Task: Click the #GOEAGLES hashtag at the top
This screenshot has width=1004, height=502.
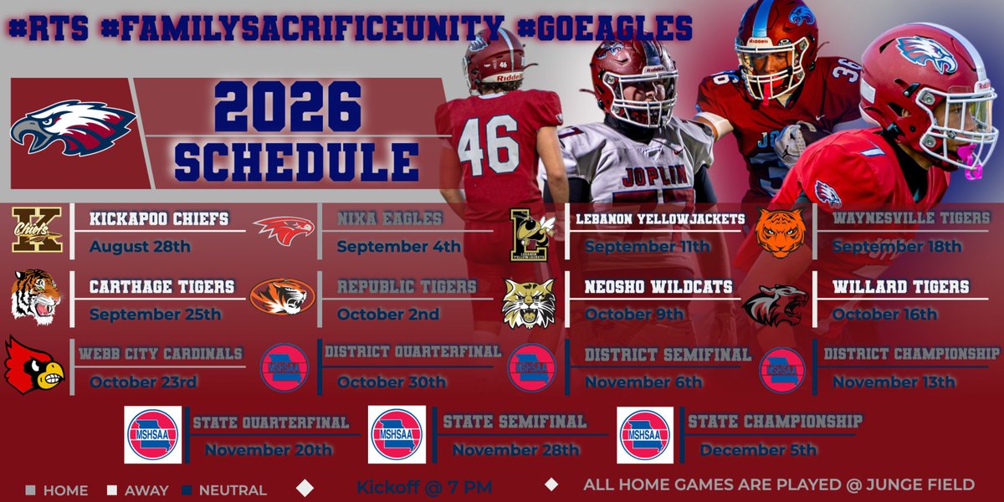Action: point(604,28)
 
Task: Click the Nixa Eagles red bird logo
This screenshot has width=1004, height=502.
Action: point(283,229)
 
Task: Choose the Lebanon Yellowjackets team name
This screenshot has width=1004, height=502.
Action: point(660,220)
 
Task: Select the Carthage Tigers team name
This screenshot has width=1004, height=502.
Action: point(162,287)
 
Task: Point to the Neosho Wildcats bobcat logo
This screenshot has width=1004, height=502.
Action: point(528,302)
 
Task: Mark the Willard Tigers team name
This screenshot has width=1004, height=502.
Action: point(900,287)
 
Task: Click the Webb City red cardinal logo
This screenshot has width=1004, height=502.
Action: point(34,365)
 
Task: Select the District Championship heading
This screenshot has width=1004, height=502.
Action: point(911,353)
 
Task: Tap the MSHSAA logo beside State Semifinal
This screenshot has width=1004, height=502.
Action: point(397,434)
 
